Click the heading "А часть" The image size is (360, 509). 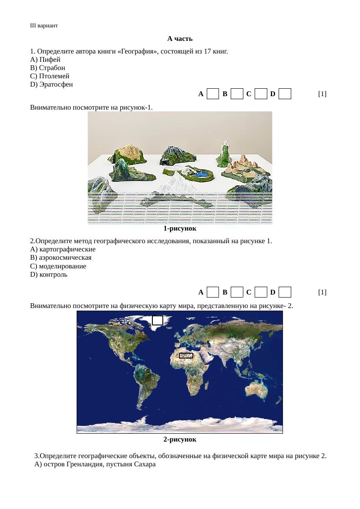[180, 39]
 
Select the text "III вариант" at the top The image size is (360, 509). [44, 26]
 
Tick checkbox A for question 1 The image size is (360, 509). [212, 94]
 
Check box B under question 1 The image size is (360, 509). [237, 94]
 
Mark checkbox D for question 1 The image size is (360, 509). [285, 94]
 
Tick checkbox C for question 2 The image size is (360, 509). [261, 292]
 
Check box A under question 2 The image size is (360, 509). [212, 292]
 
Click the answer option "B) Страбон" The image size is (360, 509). [48, 68]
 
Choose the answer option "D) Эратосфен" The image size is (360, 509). [51, 84]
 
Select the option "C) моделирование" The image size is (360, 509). [58, 266]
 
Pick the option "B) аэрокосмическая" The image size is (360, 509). [61, 258]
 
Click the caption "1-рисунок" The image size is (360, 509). [180, 228]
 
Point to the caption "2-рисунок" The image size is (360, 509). [180, 439]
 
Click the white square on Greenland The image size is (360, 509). [158, 320]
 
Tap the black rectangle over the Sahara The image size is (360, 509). [186, 356]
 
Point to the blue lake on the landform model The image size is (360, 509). [200, 174]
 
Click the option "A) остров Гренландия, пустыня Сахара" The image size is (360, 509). [95, 465]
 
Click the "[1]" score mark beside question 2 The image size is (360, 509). [322, 292]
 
